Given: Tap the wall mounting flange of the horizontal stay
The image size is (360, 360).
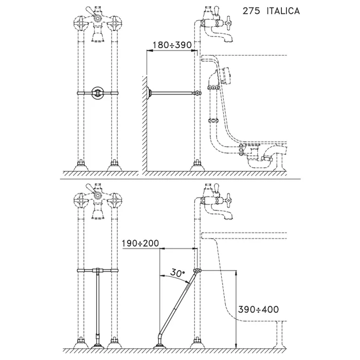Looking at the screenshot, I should coord(149,93).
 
